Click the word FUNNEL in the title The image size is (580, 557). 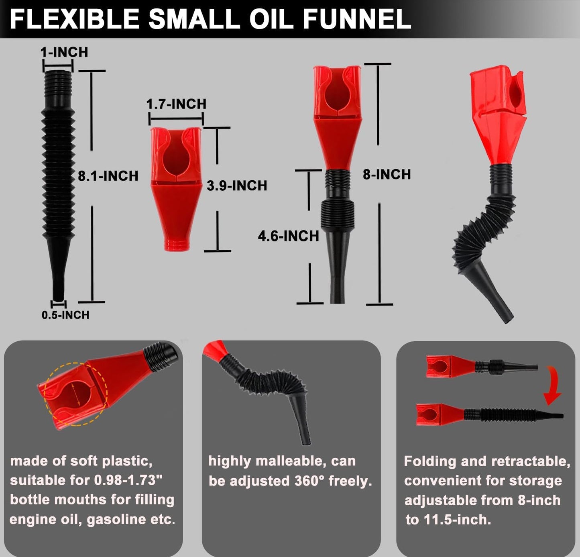click(x=357, y=18)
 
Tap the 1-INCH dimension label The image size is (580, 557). click(x=64, y=52)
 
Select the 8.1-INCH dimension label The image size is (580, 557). click(x=108, y=176)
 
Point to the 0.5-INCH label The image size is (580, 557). click(x=65, y=315)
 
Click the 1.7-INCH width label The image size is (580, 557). click(x=176, y=104)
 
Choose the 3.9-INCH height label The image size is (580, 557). click(x=237, y=186)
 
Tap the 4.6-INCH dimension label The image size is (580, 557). click(x=288, y=236)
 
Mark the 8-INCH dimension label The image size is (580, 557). click(x=387, y=174)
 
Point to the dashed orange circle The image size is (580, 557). click(x=76, y=394)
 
